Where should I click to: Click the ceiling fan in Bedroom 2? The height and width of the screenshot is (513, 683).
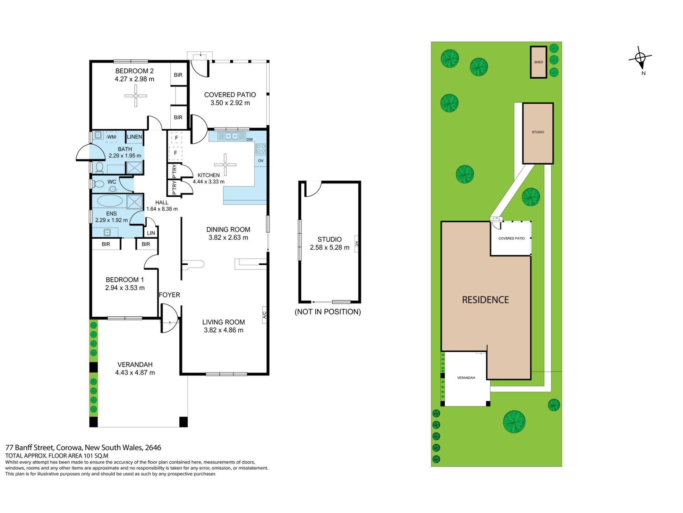pos(136,95)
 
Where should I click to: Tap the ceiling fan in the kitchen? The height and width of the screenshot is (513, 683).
pos(225,165)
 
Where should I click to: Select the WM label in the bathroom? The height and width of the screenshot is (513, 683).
pos(112,137)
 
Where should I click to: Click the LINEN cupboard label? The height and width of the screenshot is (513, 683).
pos(134,137)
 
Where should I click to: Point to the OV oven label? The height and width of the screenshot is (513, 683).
pos(261,161)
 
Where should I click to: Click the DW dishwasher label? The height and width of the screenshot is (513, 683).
pos(249,139)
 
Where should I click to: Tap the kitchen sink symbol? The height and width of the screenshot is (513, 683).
pos(231,136)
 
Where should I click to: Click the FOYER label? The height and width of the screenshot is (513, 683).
pos(169,295)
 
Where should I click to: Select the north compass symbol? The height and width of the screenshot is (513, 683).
pos(640,57)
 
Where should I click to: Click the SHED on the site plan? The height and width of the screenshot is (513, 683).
pos(539,62)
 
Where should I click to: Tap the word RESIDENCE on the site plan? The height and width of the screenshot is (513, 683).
pos(485,300)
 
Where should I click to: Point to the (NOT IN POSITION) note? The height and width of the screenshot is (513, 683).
pos(328,312)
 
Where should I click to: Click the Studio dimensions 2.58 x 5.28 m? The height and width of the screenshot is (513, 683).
pos(329,248)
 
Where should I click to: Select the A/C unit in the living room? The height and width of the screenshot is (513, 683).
pos(264,315)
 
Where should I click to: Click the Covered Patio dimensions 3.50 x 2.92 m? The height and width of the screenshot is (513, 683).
pos(230,103)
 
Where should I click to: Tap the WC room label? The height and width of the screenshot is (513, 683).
pos(112,182)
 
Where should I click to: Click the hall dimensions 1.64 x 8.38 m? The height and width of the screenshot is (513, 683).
pos(162,209)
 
